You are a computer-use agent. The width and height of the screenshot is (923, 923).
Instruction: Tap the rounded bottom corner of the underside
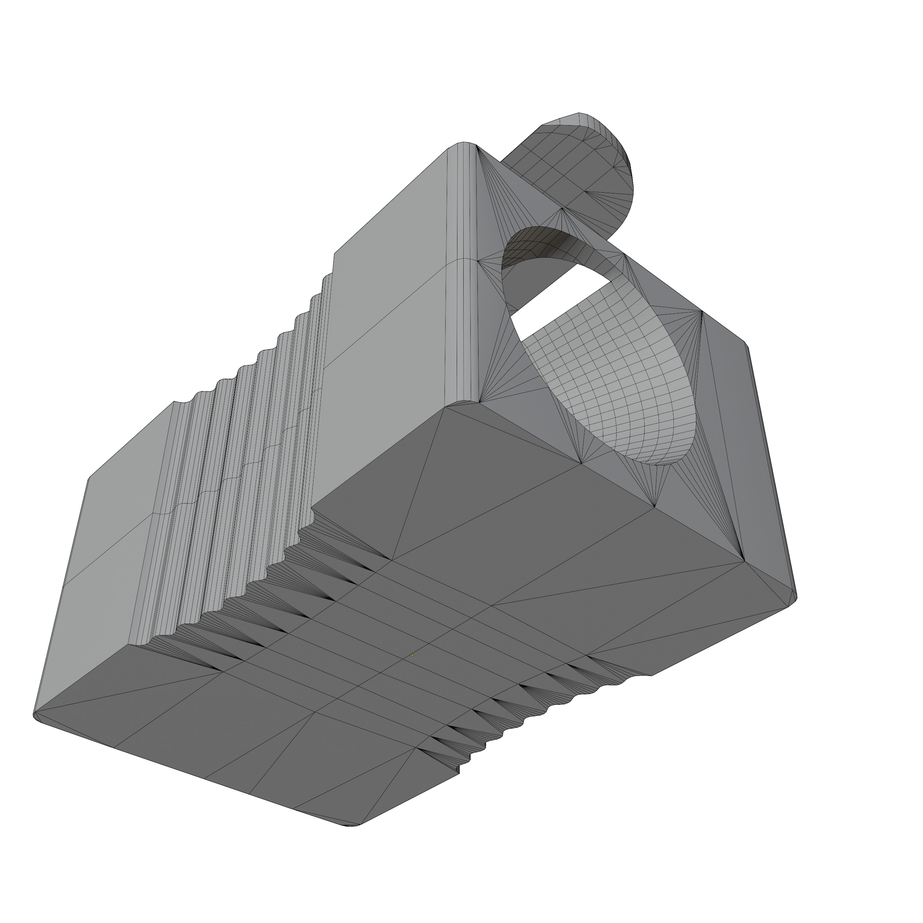tap(353, 825)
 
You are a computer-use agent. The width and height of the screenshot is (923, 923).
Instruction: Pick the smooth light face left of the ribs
tap(105, 549)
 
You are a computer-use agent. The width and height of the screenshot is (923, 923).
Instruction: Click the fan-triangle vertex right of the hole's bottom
tap(653, 505)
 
